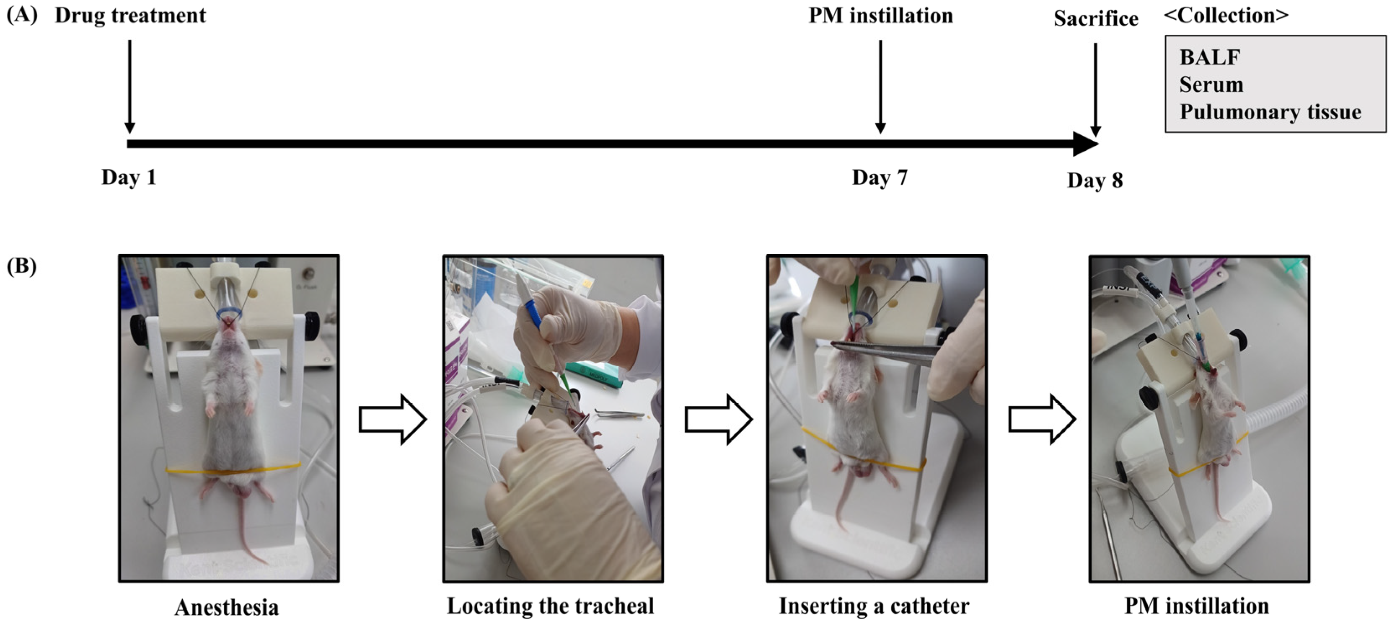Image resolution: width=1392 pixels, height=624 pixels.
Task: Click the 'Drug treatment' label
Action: coord(130,15)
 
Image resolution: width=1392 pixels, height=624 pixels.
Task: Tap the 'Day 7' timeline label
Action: coord(880,177)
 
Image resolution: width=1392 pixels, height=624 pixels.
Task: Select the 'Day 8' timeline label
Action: coord(1095,180)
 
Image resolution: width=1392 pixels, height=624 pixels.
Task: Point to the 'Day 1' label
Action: coord(129,177)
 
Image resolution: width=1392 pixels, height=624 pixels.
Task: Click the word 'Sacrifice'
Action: coord(1096,18)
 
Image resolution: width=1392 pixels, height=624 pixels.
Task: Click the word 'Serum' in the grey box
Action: coord(1211,85)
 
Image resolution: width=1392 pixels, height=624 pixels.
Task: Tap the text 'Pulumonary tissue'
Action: coord(1270,112)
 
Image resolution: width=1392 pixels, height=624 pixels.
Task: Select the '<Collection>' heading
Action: coord(1226,15)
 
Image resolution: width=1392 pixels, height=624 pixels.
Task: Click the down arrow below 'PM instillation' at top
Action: coord(880,86)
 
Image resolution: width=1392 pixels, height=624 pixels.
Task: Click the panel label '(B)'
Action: coord(22,266)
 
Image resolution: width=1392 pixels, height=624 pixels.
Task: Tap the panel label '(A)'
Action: coord(22,15)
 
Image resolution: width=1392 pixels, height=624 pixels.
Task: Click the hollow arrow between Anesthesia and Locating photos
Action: coord(393,419)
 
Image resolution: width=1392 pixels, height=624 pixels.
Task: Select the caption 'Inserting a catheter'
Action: coord(874,606)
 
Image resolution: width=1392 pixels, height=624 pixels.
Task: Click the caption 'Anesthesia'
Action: coord(226,607)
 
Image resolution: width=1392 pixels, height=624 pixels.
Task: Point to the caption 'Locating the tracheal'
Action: coord(550,606)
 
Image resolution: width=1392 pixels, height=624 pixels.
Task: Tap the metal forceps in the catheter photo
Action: coord(886,351)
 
